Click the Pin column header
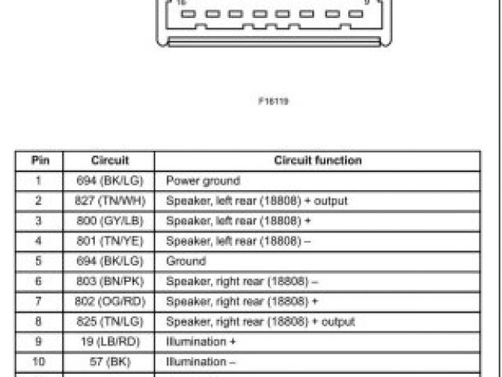pyautogui.click(x=40, y=160)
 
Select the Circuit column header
pyautogui.click(x=110, y=160)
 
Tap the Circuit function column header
pyautogui.click(x=318, y=160)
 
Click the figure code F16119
pyautogui.click(x=272, y=101)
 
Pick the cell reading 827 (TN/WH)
pyautogui.click(x=110, y=201)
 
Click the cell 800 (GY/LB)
pyautogui.click(x=110, y=221)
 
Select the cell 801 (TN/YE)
pyautogui.click(x=110, y=241)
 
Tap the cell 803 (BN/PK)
pyautogui.click(x=110, y=281)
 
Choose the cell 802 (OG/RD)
pyautogui.click(x=110, y=302)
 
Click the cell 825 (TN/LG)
pyautogui.click(x=110, y=321)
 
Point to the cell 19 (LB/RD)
pyautogui.click(x=110, y=342)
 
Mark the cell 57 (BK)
pyautogui.click(x=110, y=362)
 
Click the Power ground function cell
pyautogui.click(x=203, y=181)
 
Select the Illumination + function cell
pyautogui.click(x=201, y=342)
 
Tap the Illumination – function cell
pyautogui.click(x=201, y=362)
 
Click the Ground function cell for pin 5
pyautogui.click(x=186, y=261)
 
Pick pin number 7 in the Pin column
pyautogui.click(x=40, y=302)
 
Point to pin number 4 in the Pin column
pyautogui.click(x=40, y=241)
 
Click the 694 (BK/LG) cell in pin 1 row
pyautogui.click(x=110, y=181)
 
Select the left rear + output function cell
pyautogui.click(x=256, y=201)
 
